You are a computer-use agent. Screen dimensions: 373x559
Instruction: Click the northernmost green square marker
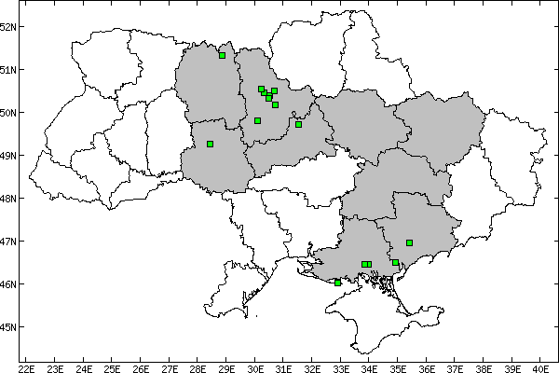(223, 55)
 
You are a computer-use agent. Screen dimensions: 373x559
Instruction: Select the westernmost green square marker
(211, 144)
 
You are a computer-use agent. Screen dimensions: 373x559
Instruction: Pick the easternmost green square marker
(410, 242)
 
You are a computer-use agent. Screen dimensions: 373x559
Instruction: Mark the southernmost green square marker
(337, 283)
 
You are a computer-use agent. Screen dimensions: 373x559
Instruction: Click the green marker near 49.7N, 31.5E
(298, 124)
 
